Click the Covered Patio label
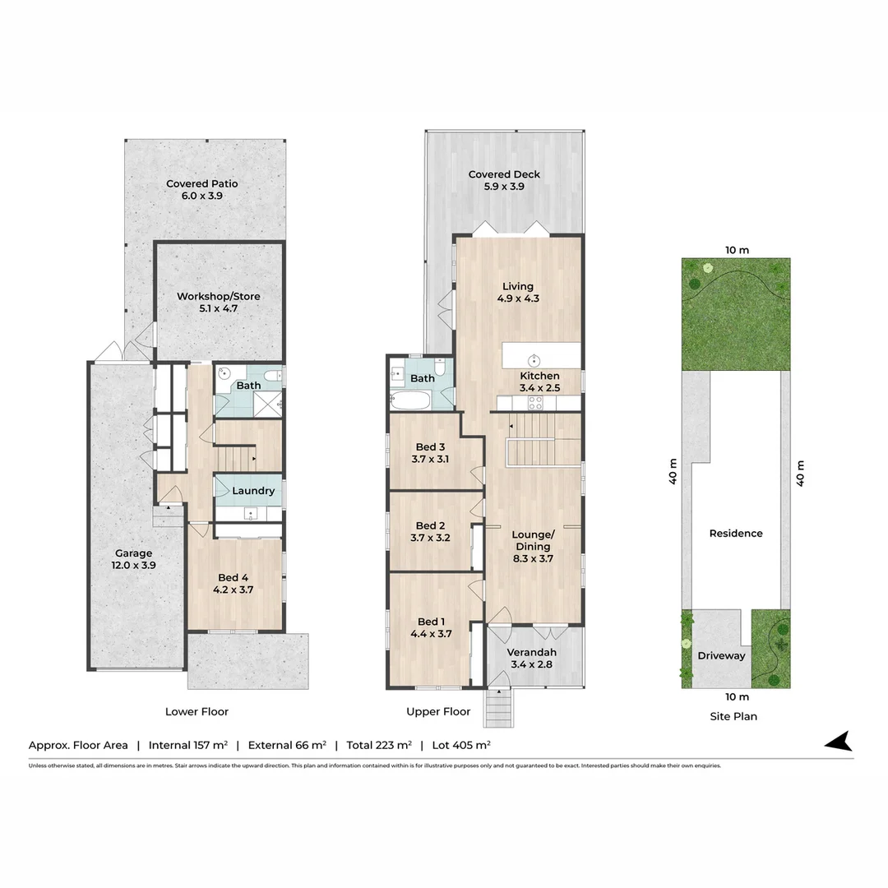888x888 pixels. tap(202, 184)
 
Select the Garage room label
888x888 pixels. tap(133, 553)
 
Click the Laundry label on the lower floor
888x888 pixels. tap(253, 491)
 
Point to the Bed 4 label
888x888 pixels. tap(235, 577)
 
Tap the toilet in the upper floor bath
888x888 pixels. tap(441, 368)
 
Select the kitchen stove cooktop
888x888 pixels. tap(534, 403)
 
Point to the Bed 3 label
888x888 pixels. tap(430, 447)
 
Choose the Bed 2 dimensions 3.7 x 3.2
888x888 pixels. tap(430, 539)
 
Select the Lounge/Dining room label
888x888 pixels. tap(534, 540)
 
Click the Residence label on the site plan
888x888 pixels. tap(736, 534)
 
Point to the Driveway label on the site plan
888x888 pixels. tap(721, 656)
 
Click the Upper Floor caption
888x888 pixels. tap(438, 712)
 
